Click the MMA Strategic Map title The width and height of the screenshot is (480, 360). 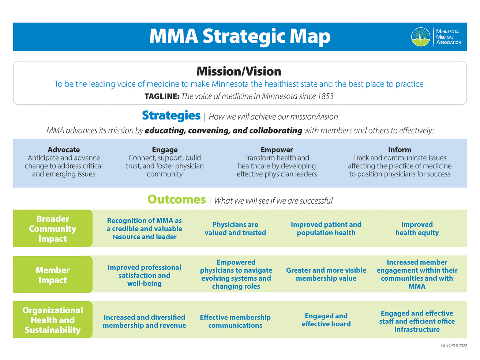tap(240, 37)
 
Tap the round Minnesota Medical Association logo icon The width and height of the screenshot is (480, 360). tap(420, 37)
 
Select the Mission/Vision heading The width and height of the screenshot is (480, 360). tap(239, 71)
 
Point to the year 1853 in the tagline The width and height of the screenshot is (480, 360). tap(325, 96)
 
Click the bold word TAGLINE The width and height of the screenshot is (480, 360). tap(162, 96)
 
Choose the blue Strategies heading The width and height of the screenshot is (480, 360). tap(171, 115)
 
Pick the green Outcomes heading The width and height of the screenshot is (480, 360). tap(176, 200)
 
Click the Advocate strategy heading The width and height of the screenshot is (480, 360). tap(64, 149)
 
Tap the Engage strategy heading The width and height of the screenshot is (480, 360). tap(165, 149)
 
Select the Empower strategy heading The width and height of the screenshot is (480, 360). tap(277, 149)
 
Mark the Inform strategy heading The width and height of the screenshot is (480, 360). tap(400, 149)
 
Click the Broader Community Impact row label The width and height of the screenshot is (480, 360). tap(53, 228)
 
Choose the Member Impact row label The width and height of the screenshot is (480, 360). tap(53, 275)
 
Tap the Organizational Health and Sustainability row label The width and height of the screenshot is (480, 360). tap(53, 320)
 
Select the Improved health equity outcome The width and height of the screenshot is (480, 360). tap(417, 228)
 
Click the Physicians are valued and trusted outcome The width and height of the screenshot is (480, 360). tap(235, 228)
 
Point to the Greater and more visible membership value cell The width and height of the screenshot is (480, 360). tap(326, 274)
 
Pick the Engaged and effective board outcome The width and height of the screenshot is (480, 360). tap(326, 320)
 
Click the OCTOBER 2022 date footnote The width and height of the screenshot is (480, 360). tap(454, 345)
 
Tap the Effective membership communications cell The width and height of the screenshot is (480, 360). tap(235, 321)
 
